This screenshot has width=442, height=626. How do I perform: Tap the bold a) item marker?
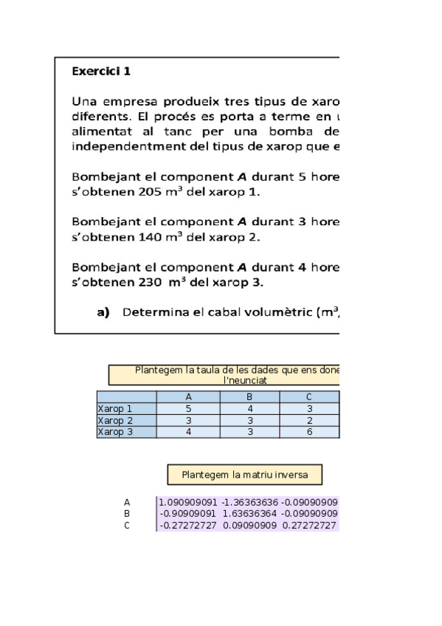[x=103, y=312]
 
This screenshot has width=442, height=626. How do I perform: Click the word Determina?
[x=153, y=312]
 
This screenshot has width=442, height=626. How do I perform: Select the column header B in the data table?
[x=249, y=397]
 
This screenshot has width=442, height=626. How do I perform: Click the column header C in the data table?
[x=309, y=397]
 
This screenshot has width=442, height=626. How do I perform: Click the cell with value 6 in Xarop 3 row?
[x=309, y=432]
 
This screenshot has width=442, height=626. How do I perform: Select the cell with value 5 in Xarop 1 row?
[x=188, y=407]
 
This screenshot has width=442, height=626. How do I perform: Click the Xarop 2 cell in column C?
[x=309, y=420]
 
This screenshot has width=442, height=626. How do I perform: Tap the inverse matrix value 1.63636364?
[x=249, y=514]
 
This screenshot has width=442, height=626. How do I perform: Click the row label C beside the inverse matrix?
[x=127, y=526]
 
